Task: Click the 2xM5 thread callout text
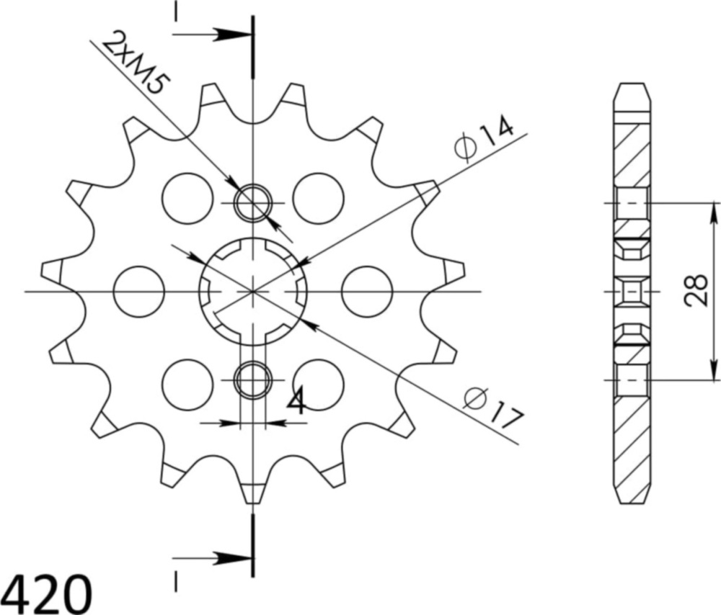[x=136, y=63]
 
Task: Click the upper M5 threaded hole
[x=253, y=202]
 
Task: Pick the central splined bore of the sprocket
[x=253, y=291]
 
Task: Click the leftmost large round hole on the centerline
[x=139, y=291]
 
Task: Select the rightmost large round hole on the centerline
[x=366, y=291]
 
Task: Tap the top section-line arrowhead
[x=234, y=34]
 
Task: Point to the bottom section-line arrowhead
[x=234, y=557]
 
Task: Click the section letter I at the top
[x=175, y=12]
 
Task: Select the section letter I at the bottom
[x=175, y=579]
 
